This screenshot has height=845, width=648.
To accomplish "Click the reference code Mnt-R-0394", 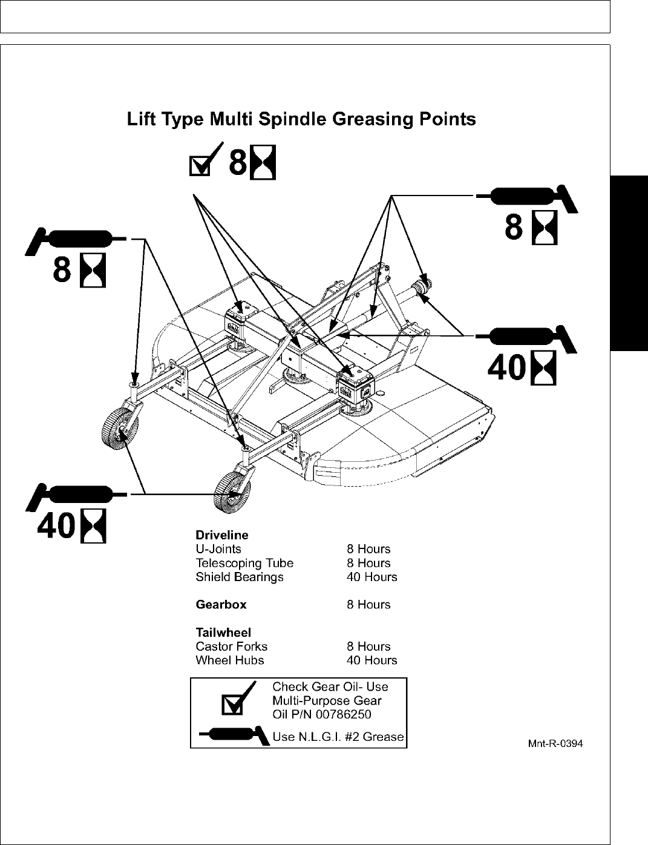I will point(555,744).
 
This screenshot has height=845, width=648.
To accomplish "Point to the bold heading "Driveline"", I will point(221,535).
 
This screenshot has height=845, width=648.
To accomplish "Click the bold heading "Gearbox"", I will point(221,604).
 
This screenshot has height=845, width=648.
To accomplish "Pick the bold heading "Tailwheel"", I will point(223,633).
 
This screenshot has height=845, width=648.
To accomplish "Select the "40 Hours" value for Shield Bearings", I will point(371,577).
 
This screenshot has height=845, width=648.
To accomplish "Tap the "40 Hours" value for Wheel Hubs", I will point(371,660).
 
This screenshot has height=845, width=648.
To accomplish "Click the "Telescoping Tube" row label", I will point(244,563).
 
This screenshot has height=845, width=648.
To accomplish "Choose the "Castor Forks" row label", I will point(231,646).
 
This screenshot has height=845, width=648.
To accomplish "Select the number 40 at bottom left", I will point(56,527).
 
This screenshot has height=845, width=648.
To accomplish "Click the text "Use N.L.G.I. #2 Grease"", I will point(338,737).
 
